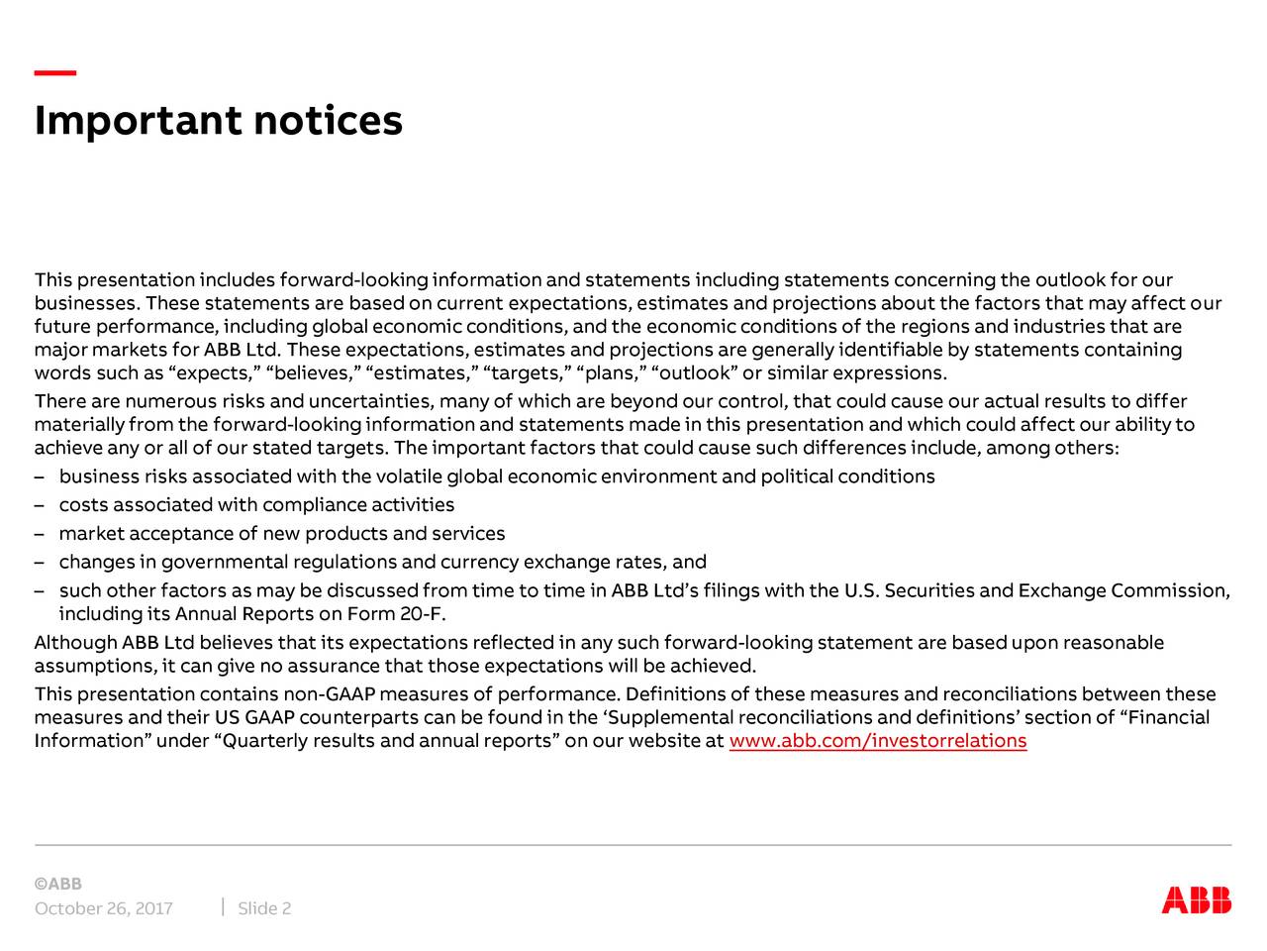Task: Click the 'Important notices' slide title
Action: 219,121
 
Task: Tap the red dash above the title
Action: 55,73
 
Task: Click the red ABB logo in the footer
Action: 1197,899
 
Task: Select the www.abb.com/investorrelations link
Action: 877,741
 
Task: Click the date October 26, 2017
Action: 104,909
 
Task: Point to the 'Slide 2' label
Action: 264,909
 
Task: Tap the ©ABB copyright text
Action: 58,884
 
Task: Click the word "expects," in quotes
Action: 216,372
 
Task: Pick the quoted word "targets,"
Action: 526,372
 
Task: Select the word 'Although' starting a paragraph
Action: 75,643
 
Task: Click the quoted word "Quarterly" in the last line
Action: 259,741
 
